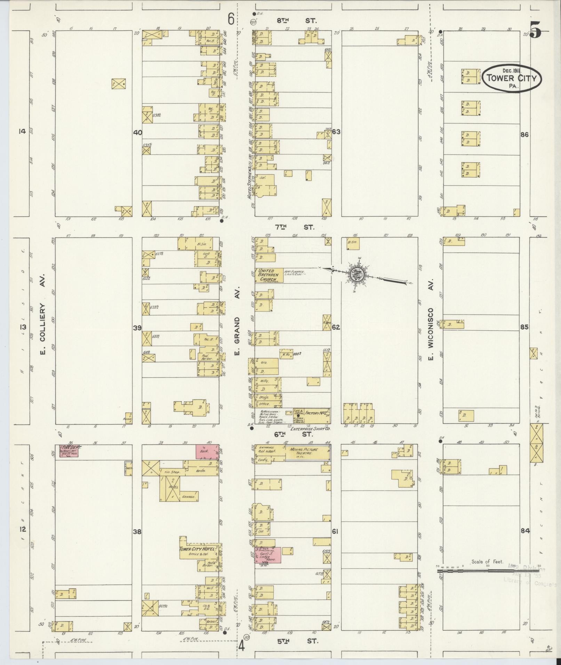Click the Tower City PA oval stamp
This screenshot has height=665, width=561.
pyautogui.click(x=512, y=79)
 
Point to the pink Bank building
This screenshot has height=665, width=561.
pyautogui.click(x=207, y=452)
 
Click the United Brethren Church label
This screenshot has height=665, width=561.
pyautogui.click(x=266, y=275)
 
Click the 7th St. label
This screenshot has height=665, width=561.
pyautogui.click(x=294, y=227)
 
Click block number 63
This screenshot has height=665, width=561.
pyautogui.click(x=336, y=132)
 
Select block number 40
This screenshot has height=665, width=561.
pyautogui.click(x=137, y=132)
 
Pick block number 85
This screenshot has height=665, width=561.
pyautogui.click(x=524, y=327)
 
